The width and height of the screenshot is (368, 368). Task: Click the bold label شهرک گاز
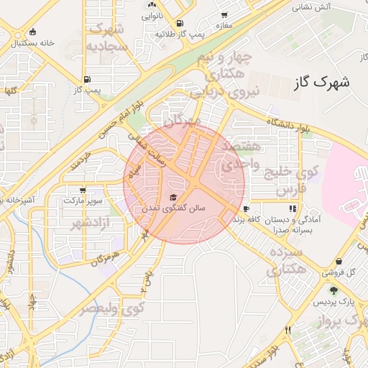(322, 82)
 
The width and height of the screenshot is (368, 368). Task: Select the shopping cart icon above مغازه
(225, 15)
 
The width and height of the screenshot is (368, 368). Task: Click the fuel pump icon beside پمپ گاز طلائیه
(179, 23)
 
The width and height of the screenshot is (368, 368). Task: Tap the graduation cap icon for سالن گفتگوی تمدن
(172, 197)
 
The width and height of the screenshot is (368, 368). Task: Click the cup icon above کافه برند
(247, 208)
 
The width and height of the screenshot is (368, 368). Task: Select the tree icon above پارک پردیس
(333, 290)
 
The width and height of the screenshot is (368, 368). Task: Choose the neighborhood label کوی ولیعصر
(111, 308)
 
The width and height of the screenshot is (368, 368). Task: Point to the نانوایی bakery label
(151, 14)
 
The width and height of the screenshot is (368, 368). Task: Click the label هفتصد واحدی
(237, 155)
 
